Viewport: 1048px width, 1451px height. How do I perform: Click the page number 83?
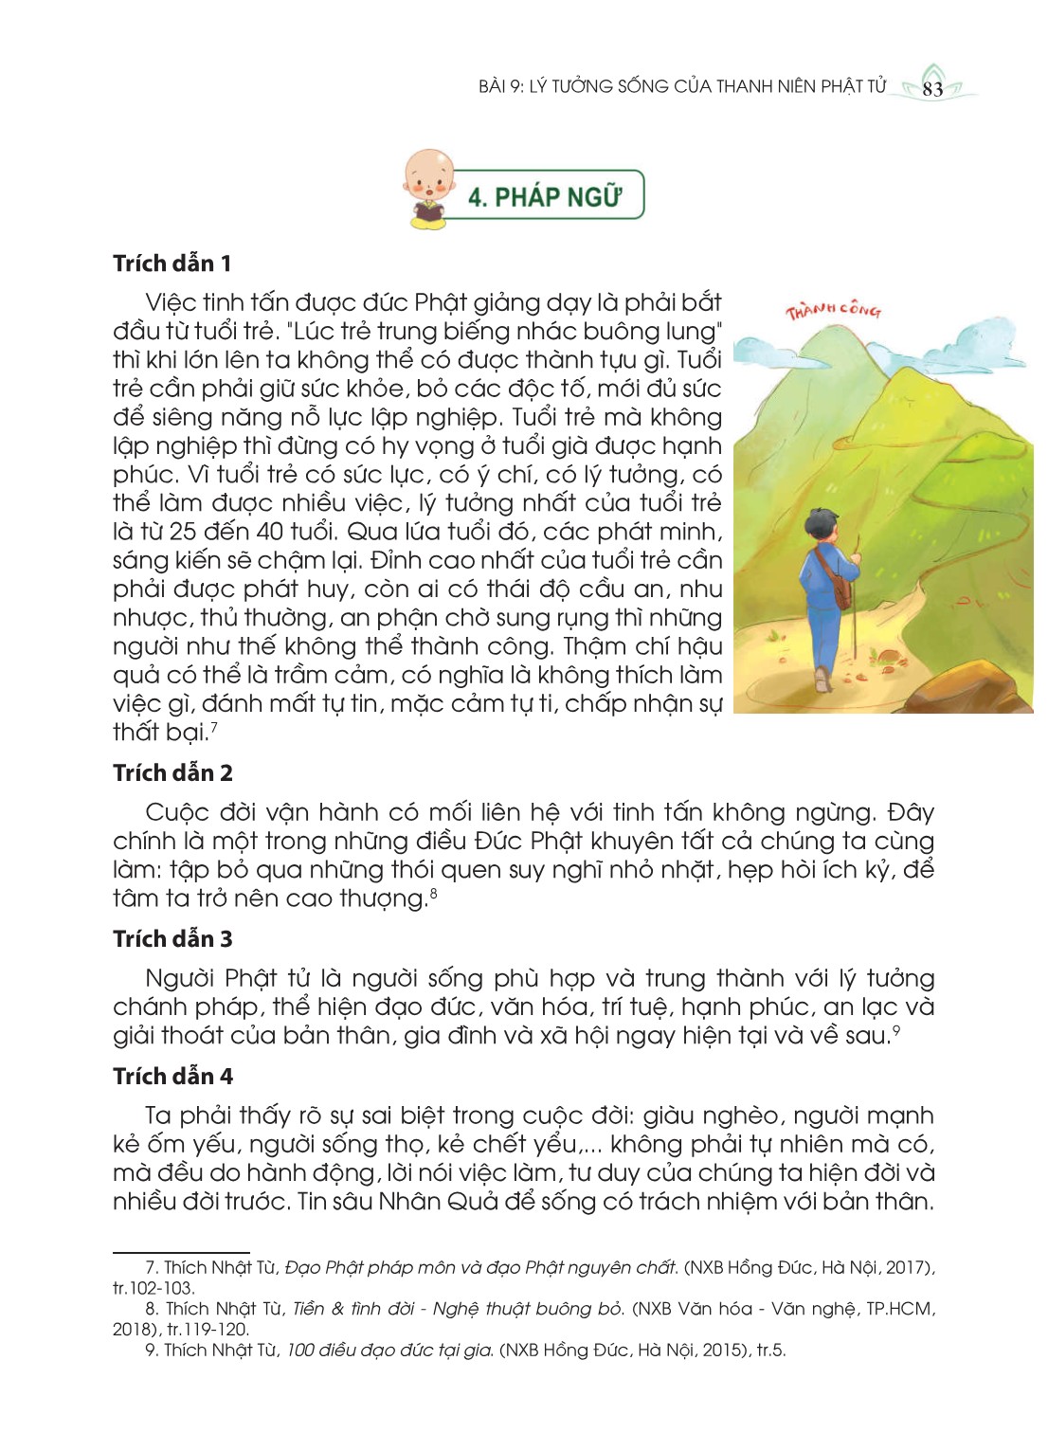pos(932,89)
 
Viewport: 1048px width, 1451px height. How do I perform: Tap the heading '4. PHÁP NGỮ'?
pos(545,196)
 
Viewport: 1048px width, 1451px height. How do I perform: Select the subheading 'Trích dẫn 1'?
pos(172,263)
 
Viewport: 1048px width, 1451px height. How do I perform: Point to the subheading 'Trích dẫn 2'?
pos(172,773)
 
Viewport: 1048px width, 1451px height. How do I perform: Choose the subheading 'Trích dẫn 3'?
pos(172,939)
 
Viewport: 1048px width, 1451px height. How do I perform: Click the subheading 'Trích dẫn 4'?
pos(172,1077)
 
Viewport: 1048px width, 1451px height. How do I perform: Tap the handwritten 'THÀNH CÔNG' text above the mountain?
pos(833,310)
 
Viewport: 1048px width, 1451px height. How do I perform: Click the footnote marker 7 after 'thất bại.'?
pos(215,726)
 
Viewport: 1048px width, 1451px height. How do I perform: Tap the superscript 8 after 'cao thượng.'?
pos(433,892)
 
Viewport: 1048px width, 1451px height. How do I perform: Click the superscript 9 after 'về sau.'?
pos(895,1029)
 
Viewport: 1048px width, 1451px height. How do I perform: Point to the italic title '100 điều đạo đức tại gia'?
pos(389,1351)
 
